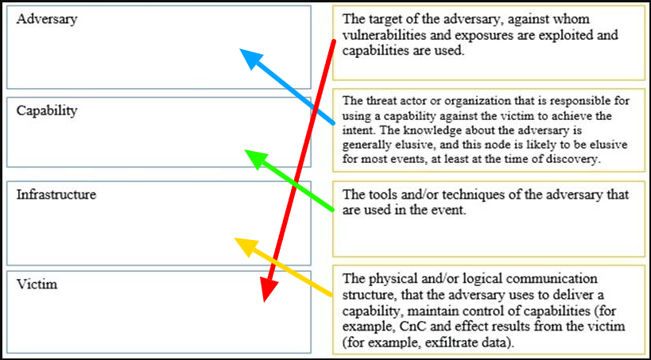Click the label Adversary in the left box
[x=47, y=19]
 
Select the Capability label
[x=47, y=110]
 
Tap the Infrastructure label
[x=56, y=194]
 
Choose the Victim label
[x=37, y=283]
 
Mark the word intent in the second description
[x=359, y=128]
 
